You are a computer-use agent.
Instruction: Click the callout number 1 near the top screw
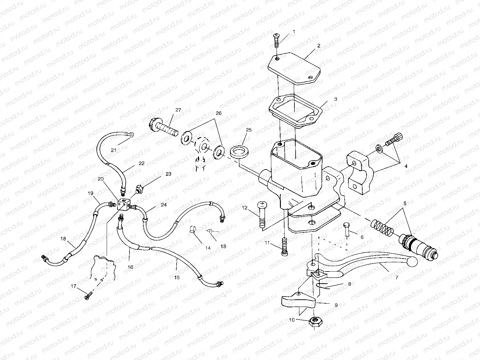point(294,31)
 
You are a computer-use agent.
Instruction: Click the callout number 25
point(249,130)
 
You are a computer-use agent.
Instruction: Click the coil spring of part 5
point(381,227)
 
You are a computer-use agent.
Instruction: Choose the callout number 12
point(245,208)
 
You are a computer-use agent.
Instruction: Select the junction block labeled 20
point(123,205)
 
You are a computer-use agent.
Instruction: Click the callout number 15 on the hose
point(177,277)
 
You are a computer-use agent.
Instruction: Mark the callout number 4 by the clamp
point(406,166)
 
